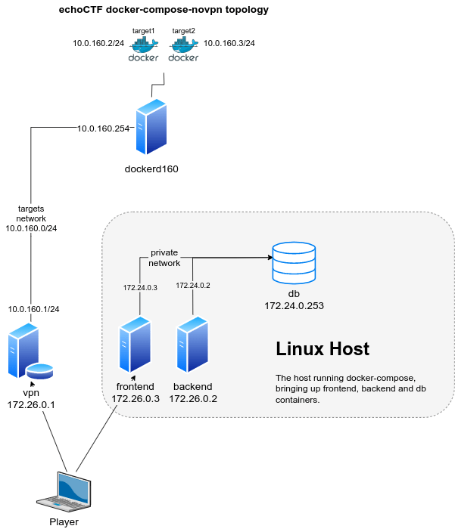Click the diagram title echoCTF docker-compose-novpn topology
point(164,10)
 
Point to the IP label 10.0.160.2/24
point(98,44)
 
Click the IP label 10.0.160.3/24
point(229,44)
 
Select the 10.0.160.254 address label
point(104,128)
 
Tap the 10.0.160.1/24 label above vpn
point(33,309)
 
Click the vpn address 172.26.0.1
point(31,406)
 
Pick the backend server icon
point(192,347)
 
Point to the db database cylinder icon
point(294,261)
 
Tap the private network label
point(165,258)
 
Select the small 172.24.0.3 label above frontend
point(139,287)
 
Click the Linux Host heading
point(322,348)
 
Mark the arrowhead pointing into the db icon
point(268,258)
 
